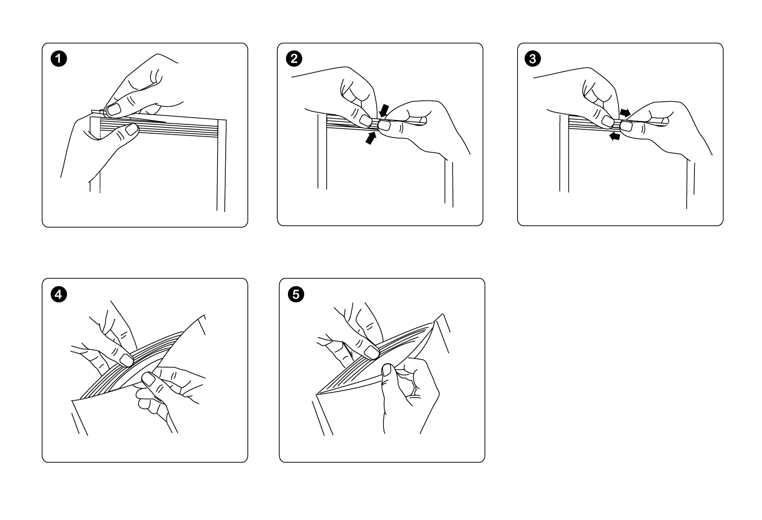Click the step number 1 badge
58,59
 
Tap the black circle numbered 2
294,59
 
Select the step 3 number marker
533,59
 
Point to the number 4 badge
58,294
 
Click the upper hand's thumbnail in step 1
114,109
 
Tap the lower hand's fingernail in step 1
131,129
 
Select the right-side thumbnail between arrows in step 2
383,126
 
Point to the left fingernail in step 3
607,121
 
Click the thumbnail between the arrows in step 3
625,127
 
